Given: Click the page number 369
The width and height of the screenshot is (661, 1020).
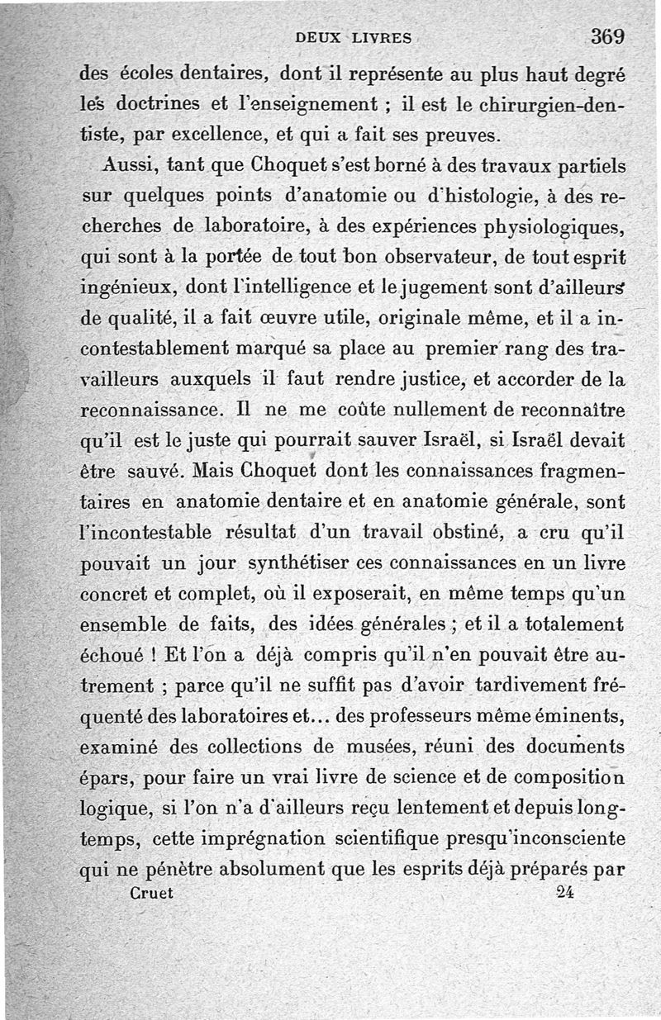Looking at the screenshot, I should [607, 36].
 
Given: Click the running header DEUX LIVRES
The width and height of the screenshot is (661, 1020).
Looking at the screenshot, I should [353, 37].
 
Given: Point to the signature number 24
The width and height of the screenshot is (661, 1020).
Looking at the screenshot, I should [565, 892].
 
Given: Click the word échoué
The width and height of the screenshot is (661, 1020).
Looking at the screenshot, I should [113, 654].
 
